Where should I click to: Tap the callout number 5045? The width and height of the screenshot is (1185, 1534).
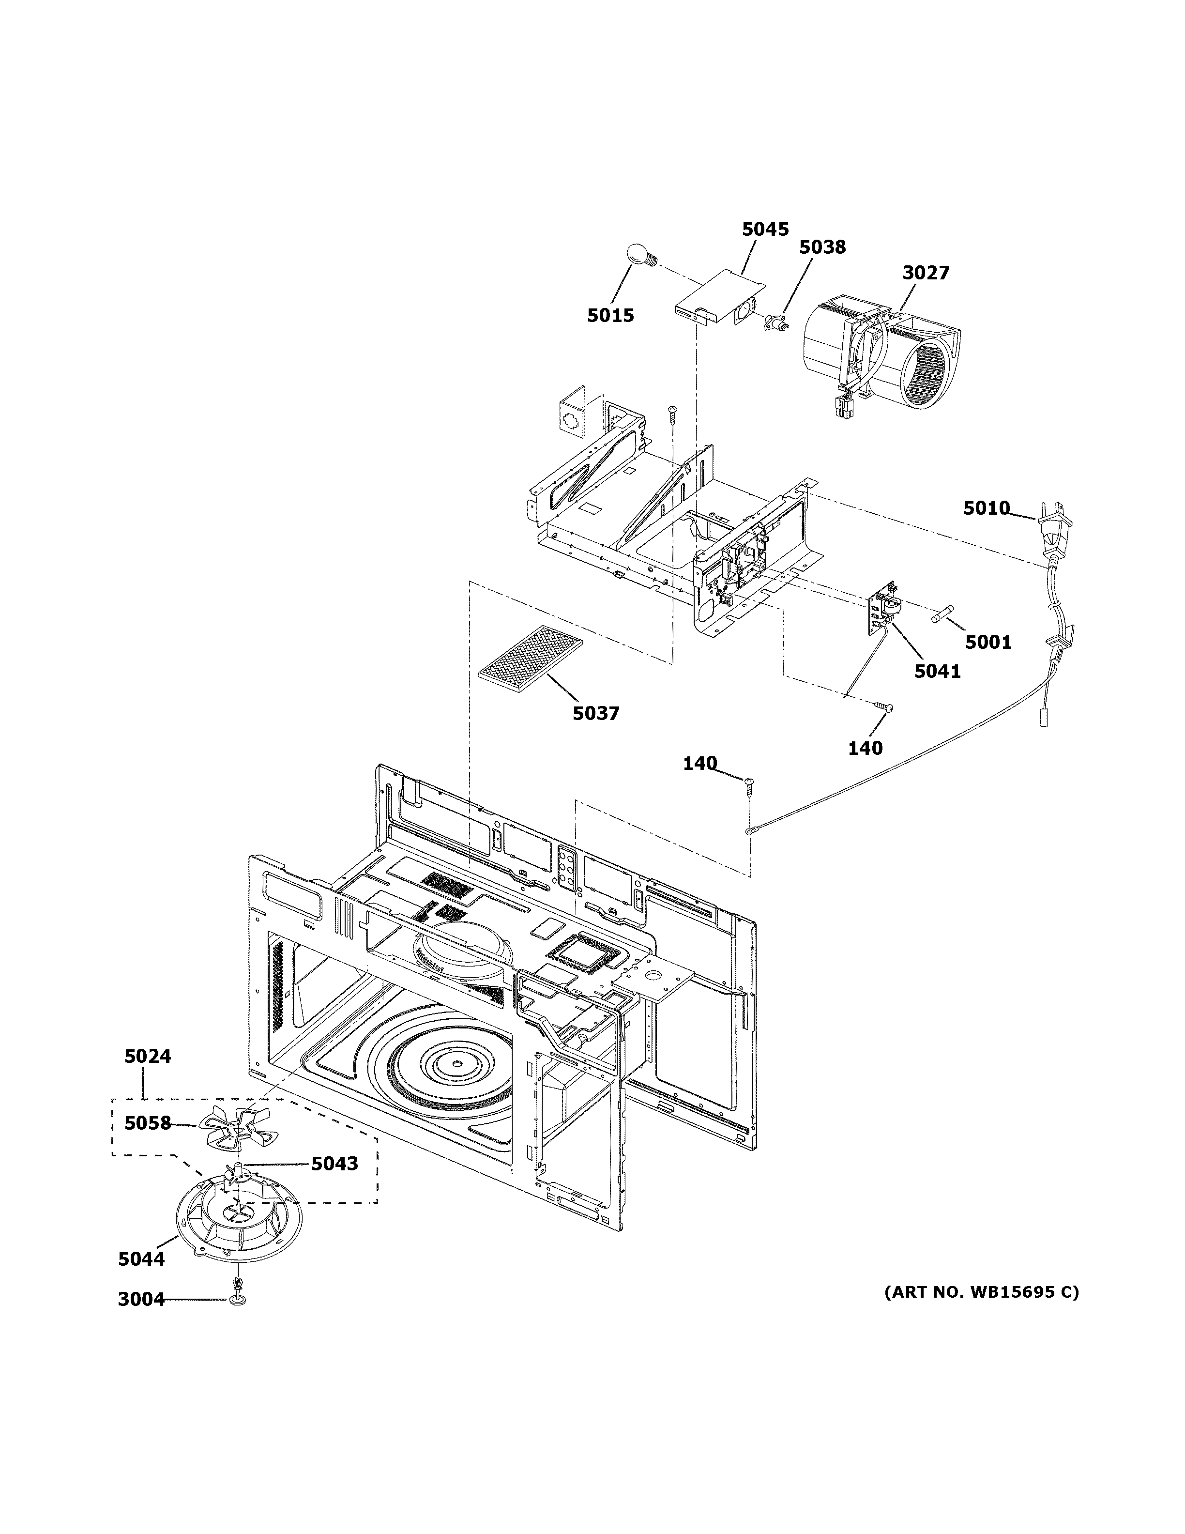tap(765, 229)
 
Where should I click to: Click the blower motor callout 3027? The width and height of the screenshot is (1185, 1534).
tap(925, 273)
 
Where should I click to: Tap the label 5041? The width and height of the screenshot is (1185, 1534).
tap(937, 672)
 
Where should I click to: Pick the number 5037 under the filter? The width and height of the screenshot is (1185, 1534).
tap(595, 714)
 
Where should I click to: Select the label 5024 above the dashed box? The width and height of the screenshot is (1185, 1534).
tap(148, 1075)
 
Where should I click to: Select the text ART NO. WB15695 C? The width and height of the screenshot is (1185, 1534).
tap(981, 1292)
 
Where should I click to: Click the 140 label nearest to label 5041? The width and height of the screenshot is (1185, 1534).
tap(865, 749)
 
